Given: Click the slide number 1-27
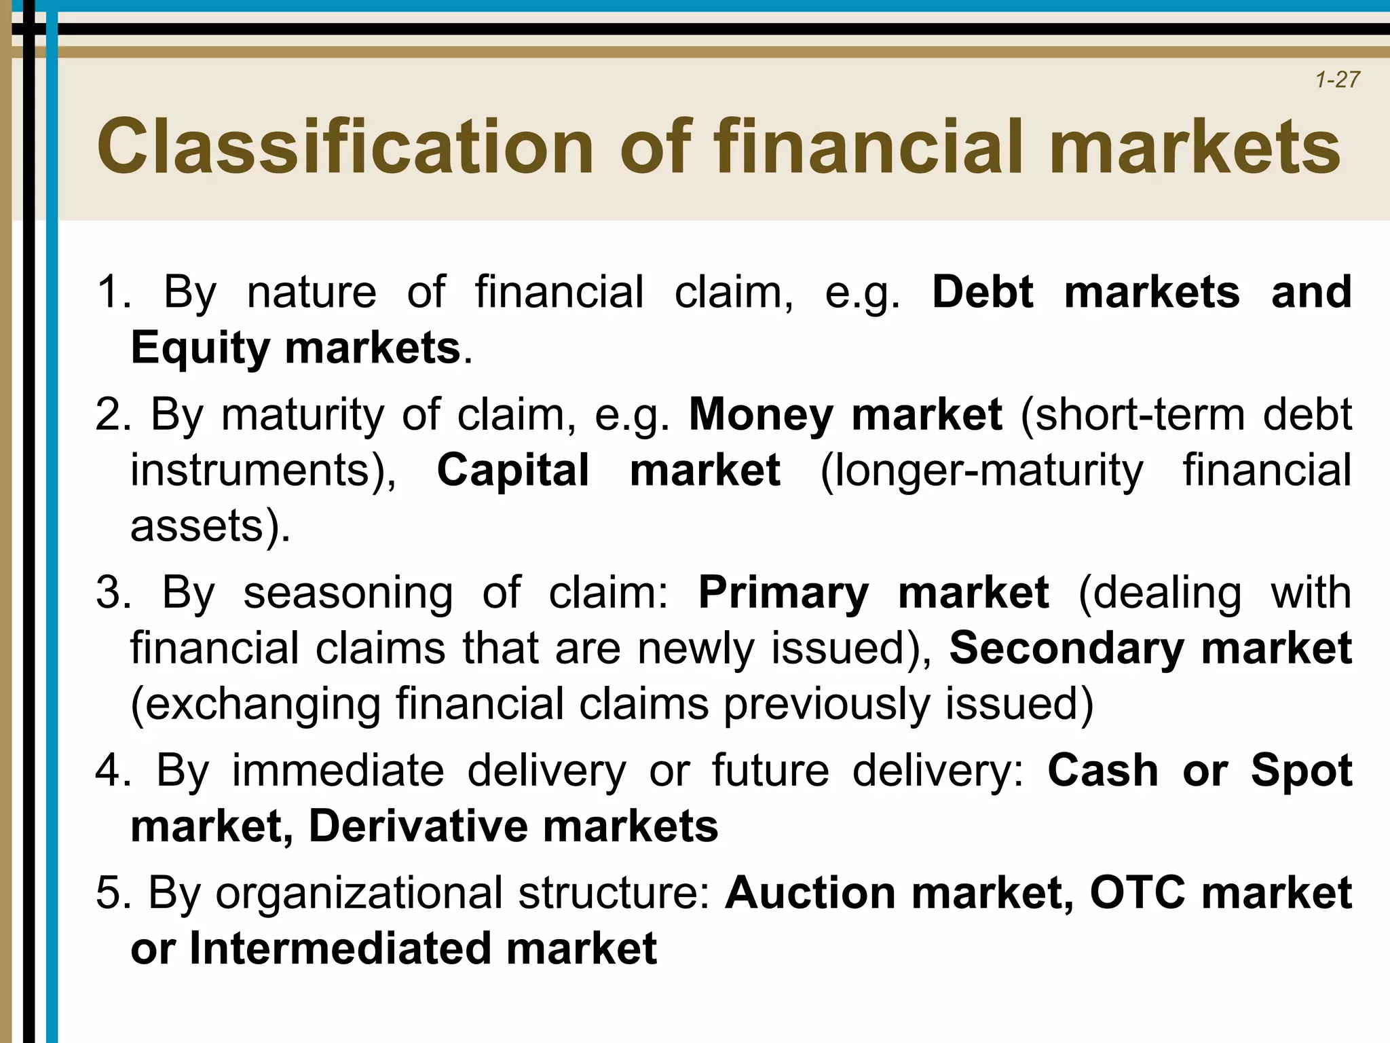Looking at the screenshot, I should click(1337, 80).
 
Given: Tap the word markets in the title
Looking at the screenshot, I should click(1194, 147).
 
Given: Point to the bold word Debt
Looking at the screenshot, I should click(982, 293).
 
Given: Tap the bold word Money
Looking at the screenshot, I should click(761, 415).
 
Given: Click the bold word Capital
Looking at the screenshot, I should click(513, 471).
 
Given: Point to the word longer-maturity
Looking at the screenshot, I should click(981, 471).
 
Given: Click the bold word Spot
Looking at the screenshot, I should click(1301, 771).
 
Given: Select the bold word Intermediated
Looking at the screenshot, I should click(339, 949).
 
